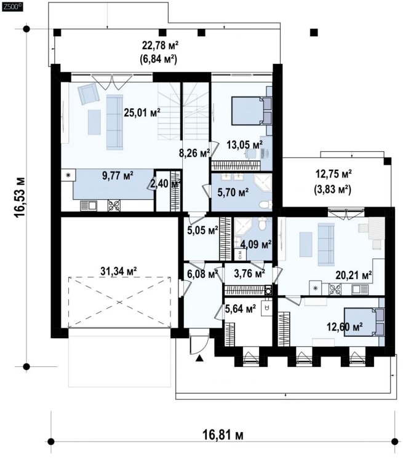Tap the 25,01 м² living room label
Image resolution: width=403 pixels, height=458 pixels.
click(142, 112)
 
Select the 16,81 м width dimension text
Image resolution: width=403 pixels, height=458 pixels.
click(223, 435)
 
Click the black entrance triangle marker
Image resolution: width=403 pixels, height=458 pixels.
click(199, 358)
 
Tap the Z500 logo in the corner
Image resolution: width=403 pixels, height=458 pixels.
click(12, 7)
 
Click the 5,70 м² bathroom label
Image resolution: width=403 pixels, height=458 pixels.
click(233, 192)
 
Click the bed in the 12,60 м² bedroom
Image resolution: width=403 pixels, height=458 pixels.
click(364, 322)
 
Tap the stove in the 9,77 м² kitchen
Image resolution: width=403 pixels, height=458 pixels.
click(114, 205)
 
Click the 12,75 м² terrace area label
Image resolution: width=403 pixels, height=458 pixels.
click(333, 174)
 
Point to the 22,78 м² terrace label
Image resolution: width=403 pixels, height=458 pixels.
click(160, 45)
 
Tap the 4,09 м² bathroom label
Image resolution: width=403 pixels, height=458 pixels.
click(256, 243)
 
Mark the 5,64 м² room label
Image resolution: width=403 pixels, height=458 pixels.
click(241, 308)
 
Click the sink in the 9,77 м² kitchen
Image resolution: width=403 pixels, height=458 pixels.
click(89, 205)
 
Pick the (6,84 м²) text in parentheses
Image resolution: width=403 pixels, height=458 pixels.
click(160, 60)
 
